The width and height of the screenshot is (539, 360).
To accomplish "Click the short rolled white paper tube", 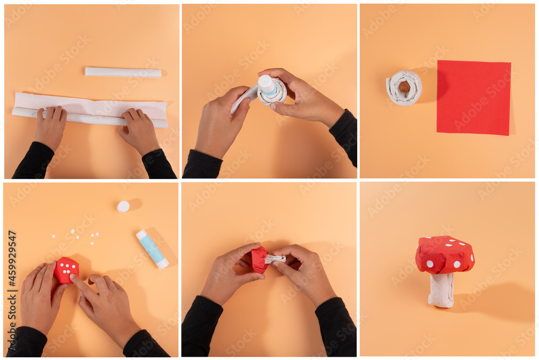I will pyautogui.click(x=123, y=72).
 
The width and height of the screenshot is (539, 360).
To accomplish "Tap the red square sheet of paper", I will pyautogui.click(x=473, y=98).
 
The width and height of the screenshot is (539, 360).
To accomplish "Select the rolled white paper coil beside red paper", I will pyautogui.click(x=404, y=87).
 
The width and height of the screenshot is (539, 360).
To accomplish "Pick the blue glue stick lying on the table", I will pyautogui.click(x=152, y=249).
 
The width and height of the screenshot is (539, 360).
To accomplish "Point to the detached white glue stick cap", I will pyautogui.click(x=123, y=206).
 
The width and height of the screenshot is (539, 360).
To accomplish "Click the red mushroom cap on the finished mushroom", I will pyautogui.click(x=445, y=254).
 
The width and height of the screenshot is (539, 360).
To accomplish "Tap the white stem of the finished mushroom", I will pyautogui.click(x=441, y=290).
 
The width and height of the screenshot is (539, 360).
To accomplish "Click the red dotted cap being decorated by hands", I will pyautogui.click(x=66, y=269).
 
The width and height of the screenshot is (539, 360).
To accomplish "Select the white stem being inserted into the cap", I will pyautogui.click(x=275, y=259).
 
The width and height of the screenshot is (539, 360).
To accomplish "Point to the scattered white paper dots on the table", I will pyautogui.click(x=75, y=235).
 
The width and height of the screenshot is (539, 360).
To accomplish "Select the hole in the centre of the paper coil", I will pyautogui.click(x=404, y=87).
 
